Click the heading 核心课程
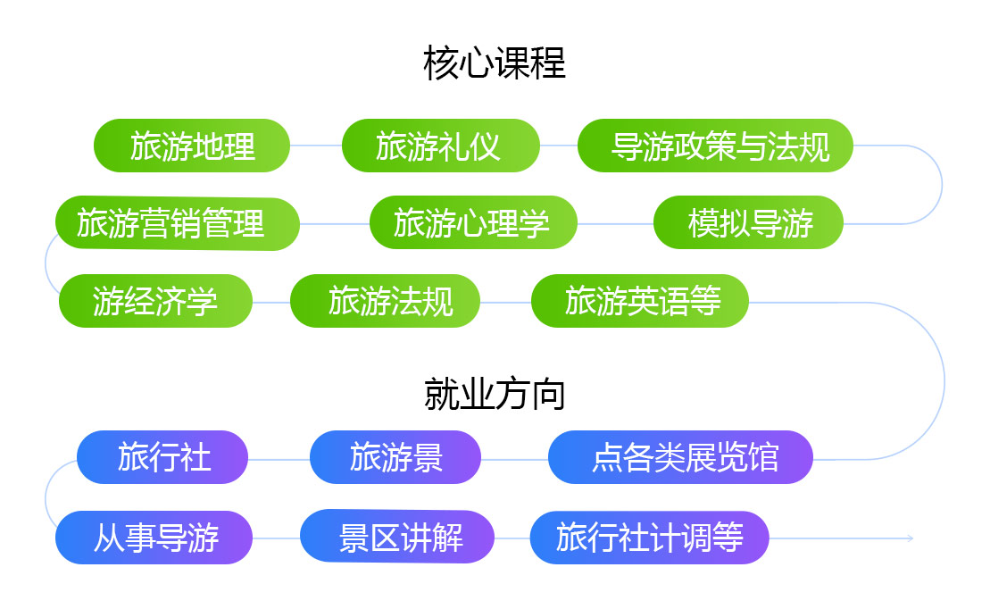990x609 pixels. [495, 63]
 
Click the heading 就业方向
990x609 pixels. [495, 394]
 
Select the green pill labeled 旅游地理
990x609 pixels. [192, 146]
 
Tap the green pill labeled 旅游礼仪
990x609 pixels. [441, 146]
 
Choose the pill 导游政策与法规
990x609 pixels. [715, 146]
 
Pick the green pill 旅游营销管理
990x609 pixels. [178, 223]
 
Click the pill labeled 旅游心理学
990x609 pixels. [473, 222]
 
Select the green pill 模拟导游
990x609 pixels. [748, 222]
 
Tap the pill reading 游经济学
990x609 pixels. [155, 301]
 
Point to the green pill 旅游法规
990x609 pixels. [385, 301]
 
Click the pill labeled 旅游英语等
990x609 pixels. [639, 301]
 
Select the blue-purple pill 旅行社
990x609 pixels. [162, 457]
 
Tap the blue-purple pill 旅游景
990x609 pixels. [395, 457]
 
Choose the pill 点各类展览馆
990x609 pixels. [680, 457]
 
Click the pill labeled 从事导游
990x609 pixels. [154, 538]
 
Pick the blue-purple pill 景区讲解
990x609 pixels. [397, 537]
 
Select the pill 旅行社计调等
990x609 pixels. [649, 538]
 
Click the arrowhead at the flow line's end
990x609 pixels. [911, 538]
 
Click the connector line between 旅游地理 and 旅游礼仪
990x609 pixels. [316, 146]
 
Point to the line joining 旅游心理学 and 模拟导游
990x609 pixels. [616, 223]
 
